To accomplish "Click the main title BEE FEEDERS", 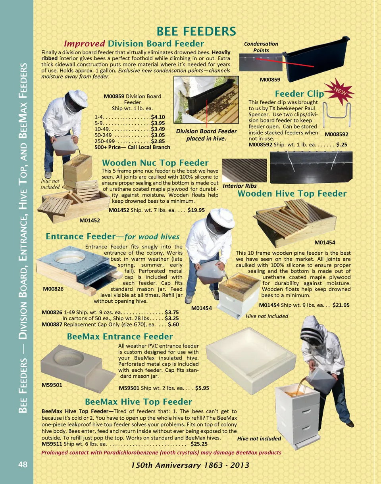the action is [196, 31].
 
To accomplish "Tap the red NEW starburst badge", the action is [340, 91].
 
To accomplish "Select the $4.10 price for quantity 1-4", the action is [158, 117].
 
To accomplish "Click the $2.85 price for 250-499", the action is [158, 141].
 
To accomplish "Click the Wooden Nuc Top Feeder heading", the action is [155, 163].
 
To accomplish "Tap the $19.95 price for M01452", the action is [196, 210].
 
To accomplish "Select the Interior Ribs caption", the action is [240, 186].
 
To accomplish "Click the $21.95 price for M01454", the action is [341, 305].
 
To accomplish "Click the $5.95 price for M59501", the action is [202, 388].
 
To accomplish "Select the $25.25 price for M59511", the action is [199, 444].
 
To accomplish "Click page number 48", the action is [23, 465].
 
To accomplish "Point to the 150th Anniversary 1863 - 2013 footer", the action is [190, 465].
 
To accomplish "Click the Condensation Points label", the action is [261, 47].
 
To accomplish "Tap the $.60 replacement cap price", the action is [173, 324].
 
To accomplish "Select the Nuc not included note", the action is [50, 184].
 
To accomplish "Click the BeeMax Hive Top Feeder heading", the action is [139, 401].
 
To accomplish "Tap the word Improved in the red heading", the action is [85, 43].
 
